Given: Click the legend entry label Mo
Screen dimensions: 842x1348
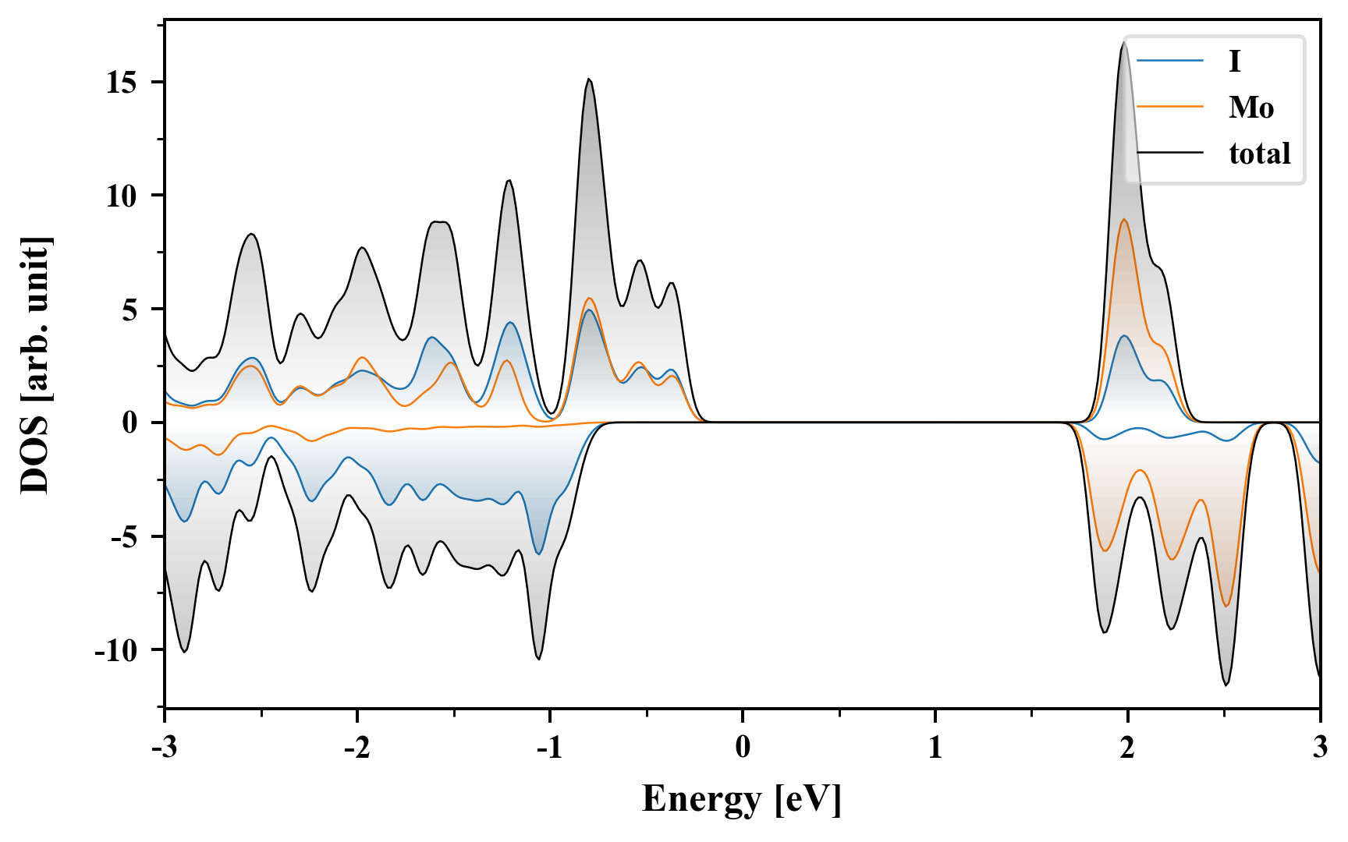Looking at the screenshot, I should [1250, 108].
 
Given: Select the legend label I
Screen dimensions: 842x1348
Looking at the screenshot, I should [1234, 61].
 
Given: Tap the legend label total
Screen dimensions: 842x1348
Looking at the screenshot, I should [1259, 154].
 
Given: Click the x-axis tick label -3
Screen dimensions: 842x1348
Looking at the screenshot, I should [164, 748].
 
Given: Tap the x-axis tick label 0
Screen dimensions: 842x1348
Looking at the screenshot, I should [742, 748].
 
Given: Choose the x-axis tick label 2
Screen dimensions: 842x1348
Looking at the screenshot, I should [1127, 748].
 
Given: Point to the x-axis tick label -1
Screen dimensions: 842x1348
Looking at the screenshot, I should [548, 748].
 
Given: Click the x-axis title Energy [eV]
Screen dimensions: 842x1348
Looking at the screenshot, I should [742, 799].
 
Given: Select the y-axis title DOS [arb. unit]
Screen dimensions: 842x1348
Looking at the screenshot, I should [35, 365].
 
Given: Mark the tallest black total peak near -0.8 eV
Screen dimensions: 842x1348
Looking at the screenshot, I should [589, 79].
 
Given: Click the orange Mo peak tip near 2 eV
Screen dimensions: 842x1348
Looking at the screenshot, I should [1124, 219].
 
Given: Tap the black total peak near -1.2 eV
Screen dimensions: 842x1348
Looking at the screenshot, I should [509, 180].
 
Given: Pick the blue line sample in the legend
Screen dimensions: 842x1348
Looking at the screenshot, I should [1169, 61].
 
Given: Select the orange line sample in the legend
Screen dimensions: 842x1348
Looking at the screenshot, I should [1169, 108].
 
